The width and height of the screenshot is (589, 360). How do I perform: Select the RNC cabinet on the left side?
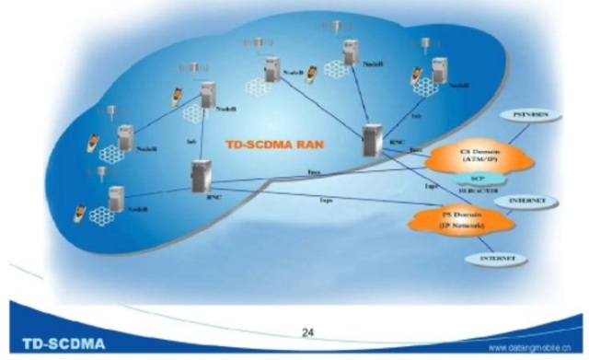(x=202, y=175)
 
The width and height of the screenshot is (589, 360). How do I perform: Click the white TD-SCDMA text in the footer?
(x=57, y=344)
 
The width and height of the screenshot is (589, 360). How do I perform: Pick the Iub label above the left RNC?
(x=191, y=141)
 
